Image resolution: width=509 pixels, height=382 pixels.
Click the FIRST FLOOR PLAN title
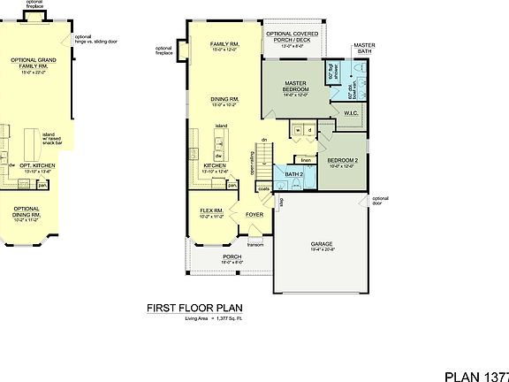click(x=194, y=309)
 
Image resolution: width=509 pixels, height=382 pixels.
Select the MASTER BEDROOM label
click(x=295, y=87)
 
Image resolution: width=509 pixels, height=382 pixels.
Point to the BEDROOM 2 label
click(x=340, y=161)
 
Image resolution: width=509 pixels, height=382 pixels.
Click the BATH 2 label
click(x=293, y=174)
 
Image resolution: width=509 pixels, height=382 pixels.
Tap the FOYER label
click(x=254, y=214)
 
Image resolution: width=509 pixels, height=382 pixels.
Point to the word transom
click(x=254, y=245)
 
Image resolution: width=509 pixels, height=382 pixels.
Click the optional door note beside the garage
click(x=380, y=201)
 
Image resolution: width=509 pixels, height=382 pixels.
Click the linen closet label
click(x=306, y=160)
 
